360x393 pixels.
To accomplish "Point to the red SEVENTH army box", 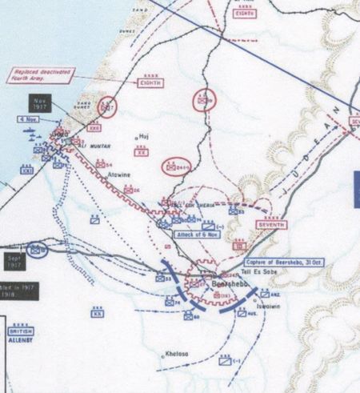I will (x=271, y=226).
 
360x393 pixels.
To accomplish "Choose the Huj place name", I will (x=144, y=137).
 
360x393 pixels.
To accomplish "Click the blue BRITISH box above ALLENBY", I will (x=19, y=330).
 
